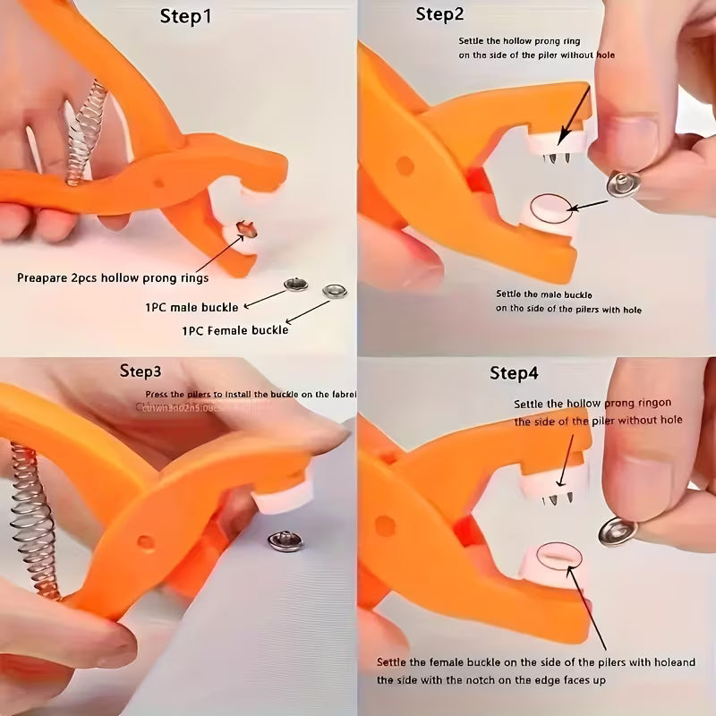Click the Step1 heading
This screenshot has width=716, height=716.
tap(185, 17)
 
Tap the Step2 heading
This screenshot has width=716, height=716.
tap(440, 14)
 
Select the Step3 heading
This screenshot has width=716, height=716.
tap(141, 371)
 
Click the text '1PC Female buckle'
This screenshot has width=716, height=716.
tap(234, 329)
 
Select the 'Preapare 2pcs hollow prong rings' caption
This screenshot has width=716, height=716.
tap(113, 277)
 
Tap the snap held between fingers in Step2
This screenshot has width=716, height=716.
tap(618, 184)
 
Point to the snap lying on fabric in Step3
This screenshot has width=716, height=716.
tap(286, 541)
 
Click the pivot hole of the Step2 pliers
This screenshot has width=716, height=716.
tap(405, 165)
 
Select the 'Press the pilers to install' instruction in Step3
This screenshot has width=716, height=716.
tap(251, 395)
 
